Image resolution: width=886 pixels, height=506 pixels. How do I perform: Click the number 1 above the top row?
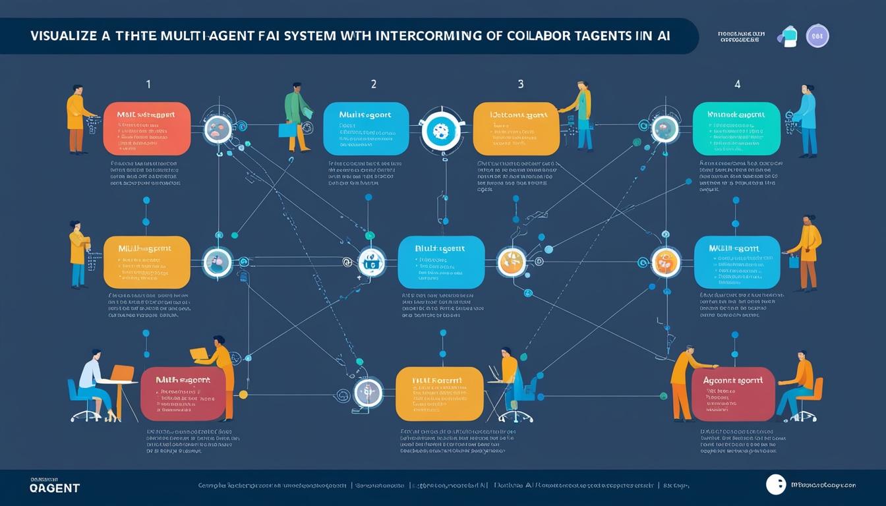pyautogui.click(x=148, y=84)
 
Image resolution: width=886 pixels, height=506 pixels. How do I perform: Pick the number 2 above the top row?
pyautogui.click(x=374, y=84)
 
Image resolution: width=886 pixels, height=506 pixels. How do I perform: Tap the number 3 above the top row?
pyautogui.click(x=521, y=84)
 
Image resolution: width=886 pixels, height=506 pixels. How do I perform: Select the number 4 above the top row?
pyautogui.click(x=737, y=84)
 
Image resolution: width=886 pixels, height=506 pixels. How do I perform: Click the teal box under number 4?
pyautogui.click(x=736, y=128)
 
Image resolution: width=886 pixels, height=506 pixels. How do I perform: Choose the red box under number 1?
pyautogui.click(x=147, y=128)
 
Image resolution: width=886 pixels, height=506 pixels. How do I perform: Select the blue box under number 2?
pyautogui.click(x=366, y=128)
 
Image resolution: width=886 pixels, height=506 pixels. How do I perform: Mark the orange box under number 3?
pyautogui.click(x=516, y=128)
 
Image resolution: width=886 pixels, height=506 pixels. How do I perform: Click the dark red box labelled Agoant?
pyautogui.click(x=733, y=394)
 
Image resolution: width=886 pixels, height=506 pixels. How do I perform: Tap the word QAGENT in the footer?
pyautogui.click(x=55, y=488)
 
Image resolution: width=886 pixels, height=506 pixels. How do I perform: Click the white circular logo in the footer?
pyautogui.click(x=776, y=485)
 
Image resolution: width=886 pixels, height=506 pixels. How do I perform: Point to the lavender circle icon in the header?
pyautogui.click(x=817, y=36)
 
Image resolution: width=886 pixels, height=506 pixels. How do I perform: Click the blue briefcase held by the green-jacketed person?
pyautogui.click(x=287, y=130)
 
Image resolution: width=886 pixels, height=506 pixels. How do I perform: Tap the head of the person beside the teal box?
pyautogui.click(x=810, y=88)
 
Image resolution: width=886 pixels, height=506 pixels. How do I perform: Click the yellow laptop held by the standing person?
pyautogui.click(x=199, y=354)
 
